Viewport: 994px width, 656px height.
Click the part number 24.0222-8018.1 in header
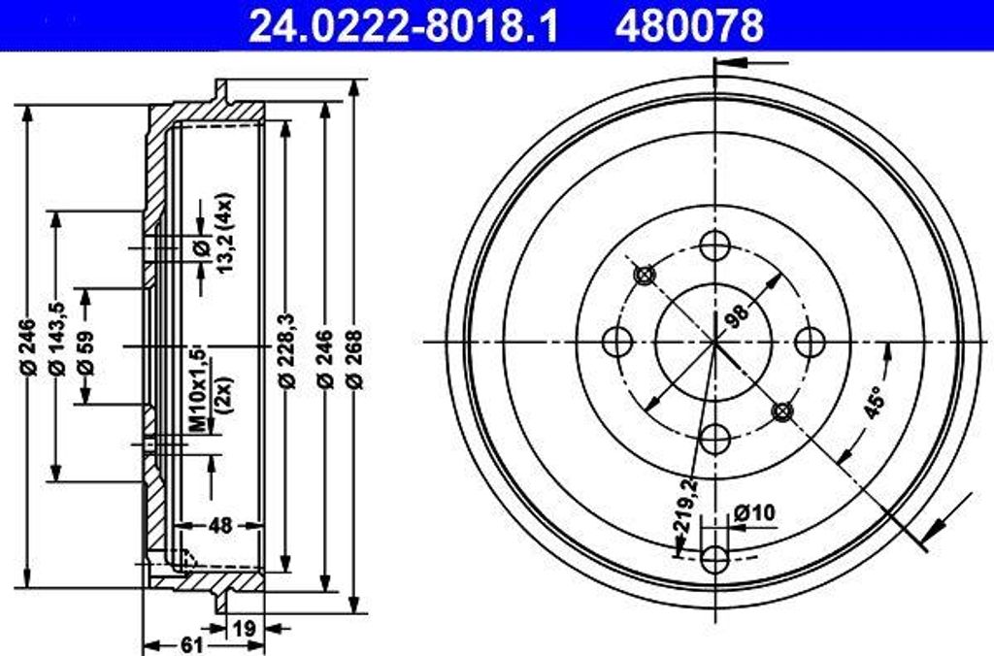click(x=404, y=25)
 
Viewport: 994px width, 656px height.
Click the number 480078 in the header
click(x=689, y=25)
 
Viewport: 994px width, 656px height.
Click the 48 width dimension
click(x=221, y=525)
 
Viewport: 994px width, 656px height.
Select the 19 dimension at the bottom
click(x=245, y=628)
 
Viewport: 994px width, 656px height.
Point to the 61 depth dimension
click(x=191, y=644)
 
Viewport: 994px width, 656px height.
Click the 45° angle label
click(x=876, y=400)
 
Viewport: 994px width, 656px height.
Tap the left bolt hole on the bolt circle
click(x=617, y=341)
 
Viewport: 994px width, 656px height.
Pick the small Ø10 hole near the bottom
click(x=714, y=558)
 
